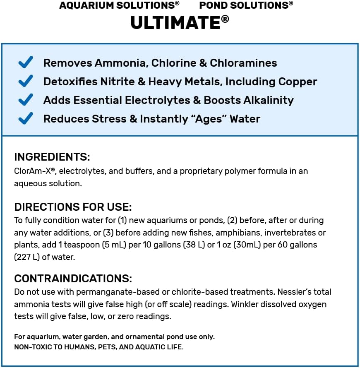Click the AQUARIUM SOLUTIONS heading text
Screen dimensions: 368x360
119,5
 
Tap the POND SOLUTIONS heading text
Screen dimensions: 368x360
246,5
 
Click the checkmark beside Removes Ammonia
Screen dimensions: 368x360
26,63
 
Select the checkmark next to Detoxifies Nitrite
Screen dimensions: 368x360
26,82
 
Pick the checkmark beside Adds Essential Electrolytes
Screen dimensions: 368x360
26,100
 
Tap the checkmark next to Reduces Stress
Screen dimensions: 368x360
26,119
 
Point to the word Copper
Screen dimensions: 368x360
298,82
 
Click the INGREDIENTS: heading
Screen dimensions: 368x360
52,157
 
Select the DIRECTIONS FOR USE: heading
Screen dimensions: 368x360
73,207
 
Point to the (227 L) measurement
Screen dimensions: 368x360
27,257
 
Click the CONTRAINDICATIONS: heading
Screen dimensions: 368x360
73,278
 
